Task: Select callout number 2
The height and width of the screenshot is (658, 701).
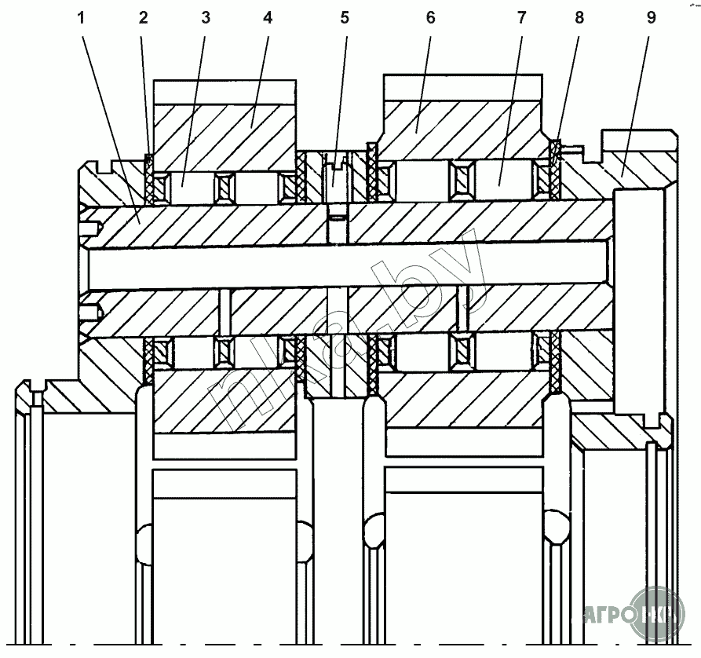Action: click(x=143, y=19)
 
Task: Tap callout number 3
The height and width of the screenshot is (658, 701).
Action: click(x=206, y=19)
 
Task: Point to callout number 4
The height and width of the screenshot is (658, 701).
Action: click(x=267, y=19)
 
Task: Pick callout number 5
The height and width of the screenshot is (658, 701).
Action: click(x=344, y=19)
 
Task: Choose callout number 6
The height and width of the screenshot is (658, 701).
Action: click(x=429, y=19)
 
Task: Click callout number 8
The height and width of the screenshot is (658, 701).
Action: click(x=579, y=19)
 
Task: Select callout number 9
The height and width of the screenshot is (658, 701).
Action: click(x=650, y=19)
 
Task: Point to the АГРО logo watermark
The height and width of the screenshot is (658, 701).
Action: click(x=628, y=613)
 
